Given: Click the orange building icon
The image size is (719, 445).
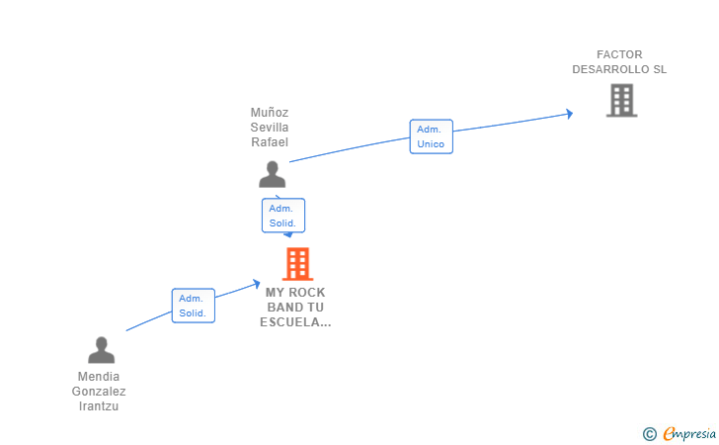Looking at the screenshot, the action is [297, 264].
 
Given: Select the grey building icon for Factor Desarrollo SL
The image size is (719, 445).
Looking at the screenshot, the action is [622, 100].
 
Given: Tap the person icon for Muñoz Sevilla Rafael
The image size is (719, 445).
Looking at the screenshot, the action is [272, 174].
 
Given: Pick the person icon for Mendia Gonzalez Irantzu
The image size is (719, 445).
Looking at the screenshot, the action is [102, 350].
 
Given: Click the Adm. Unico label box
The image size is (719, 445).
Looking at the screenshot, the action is [431, 136].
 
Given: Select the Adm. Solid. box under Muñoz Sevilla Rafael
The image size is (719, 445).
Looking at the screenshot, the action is [283, 216].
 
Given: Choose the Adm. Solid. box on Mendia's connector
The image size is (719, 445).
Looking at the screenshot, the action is [193, 306].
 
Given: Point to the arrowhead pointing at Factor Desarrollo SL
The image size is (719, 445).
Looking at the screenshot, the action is [570, 114].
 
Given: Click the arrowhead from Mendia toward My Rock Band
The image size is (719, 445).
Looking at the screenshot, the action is [257, 284].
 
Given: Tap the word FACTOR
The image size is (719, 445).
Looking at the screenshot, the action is [619, 54].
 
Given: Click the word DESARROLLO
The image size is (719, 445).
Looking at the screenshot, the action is [604, 69].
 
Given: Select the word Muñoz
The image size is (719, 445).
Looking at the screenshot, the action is [270, 113].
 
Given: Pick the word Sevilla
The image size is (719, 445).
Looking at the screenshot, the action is [270, 128].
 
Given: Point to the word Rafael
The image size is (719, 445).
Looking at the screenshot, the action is [270, 141].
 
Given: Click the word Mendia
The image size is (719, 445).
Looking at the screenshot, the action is [99, 377].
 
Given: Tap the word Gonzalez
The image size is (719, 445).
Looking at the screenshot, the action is [99, 392].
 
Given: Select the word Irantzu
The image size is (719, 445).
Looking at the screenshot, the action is [99, 406].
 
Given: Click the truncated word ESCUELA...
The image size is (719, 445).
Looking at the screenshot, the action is [295, 322].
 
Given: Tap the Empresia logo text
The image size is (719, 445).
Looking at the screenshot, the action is [689, 433].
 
